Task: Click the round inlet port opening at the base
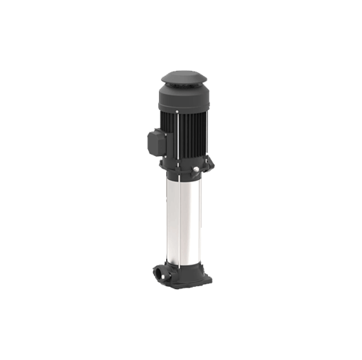[x=158, y=273]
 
